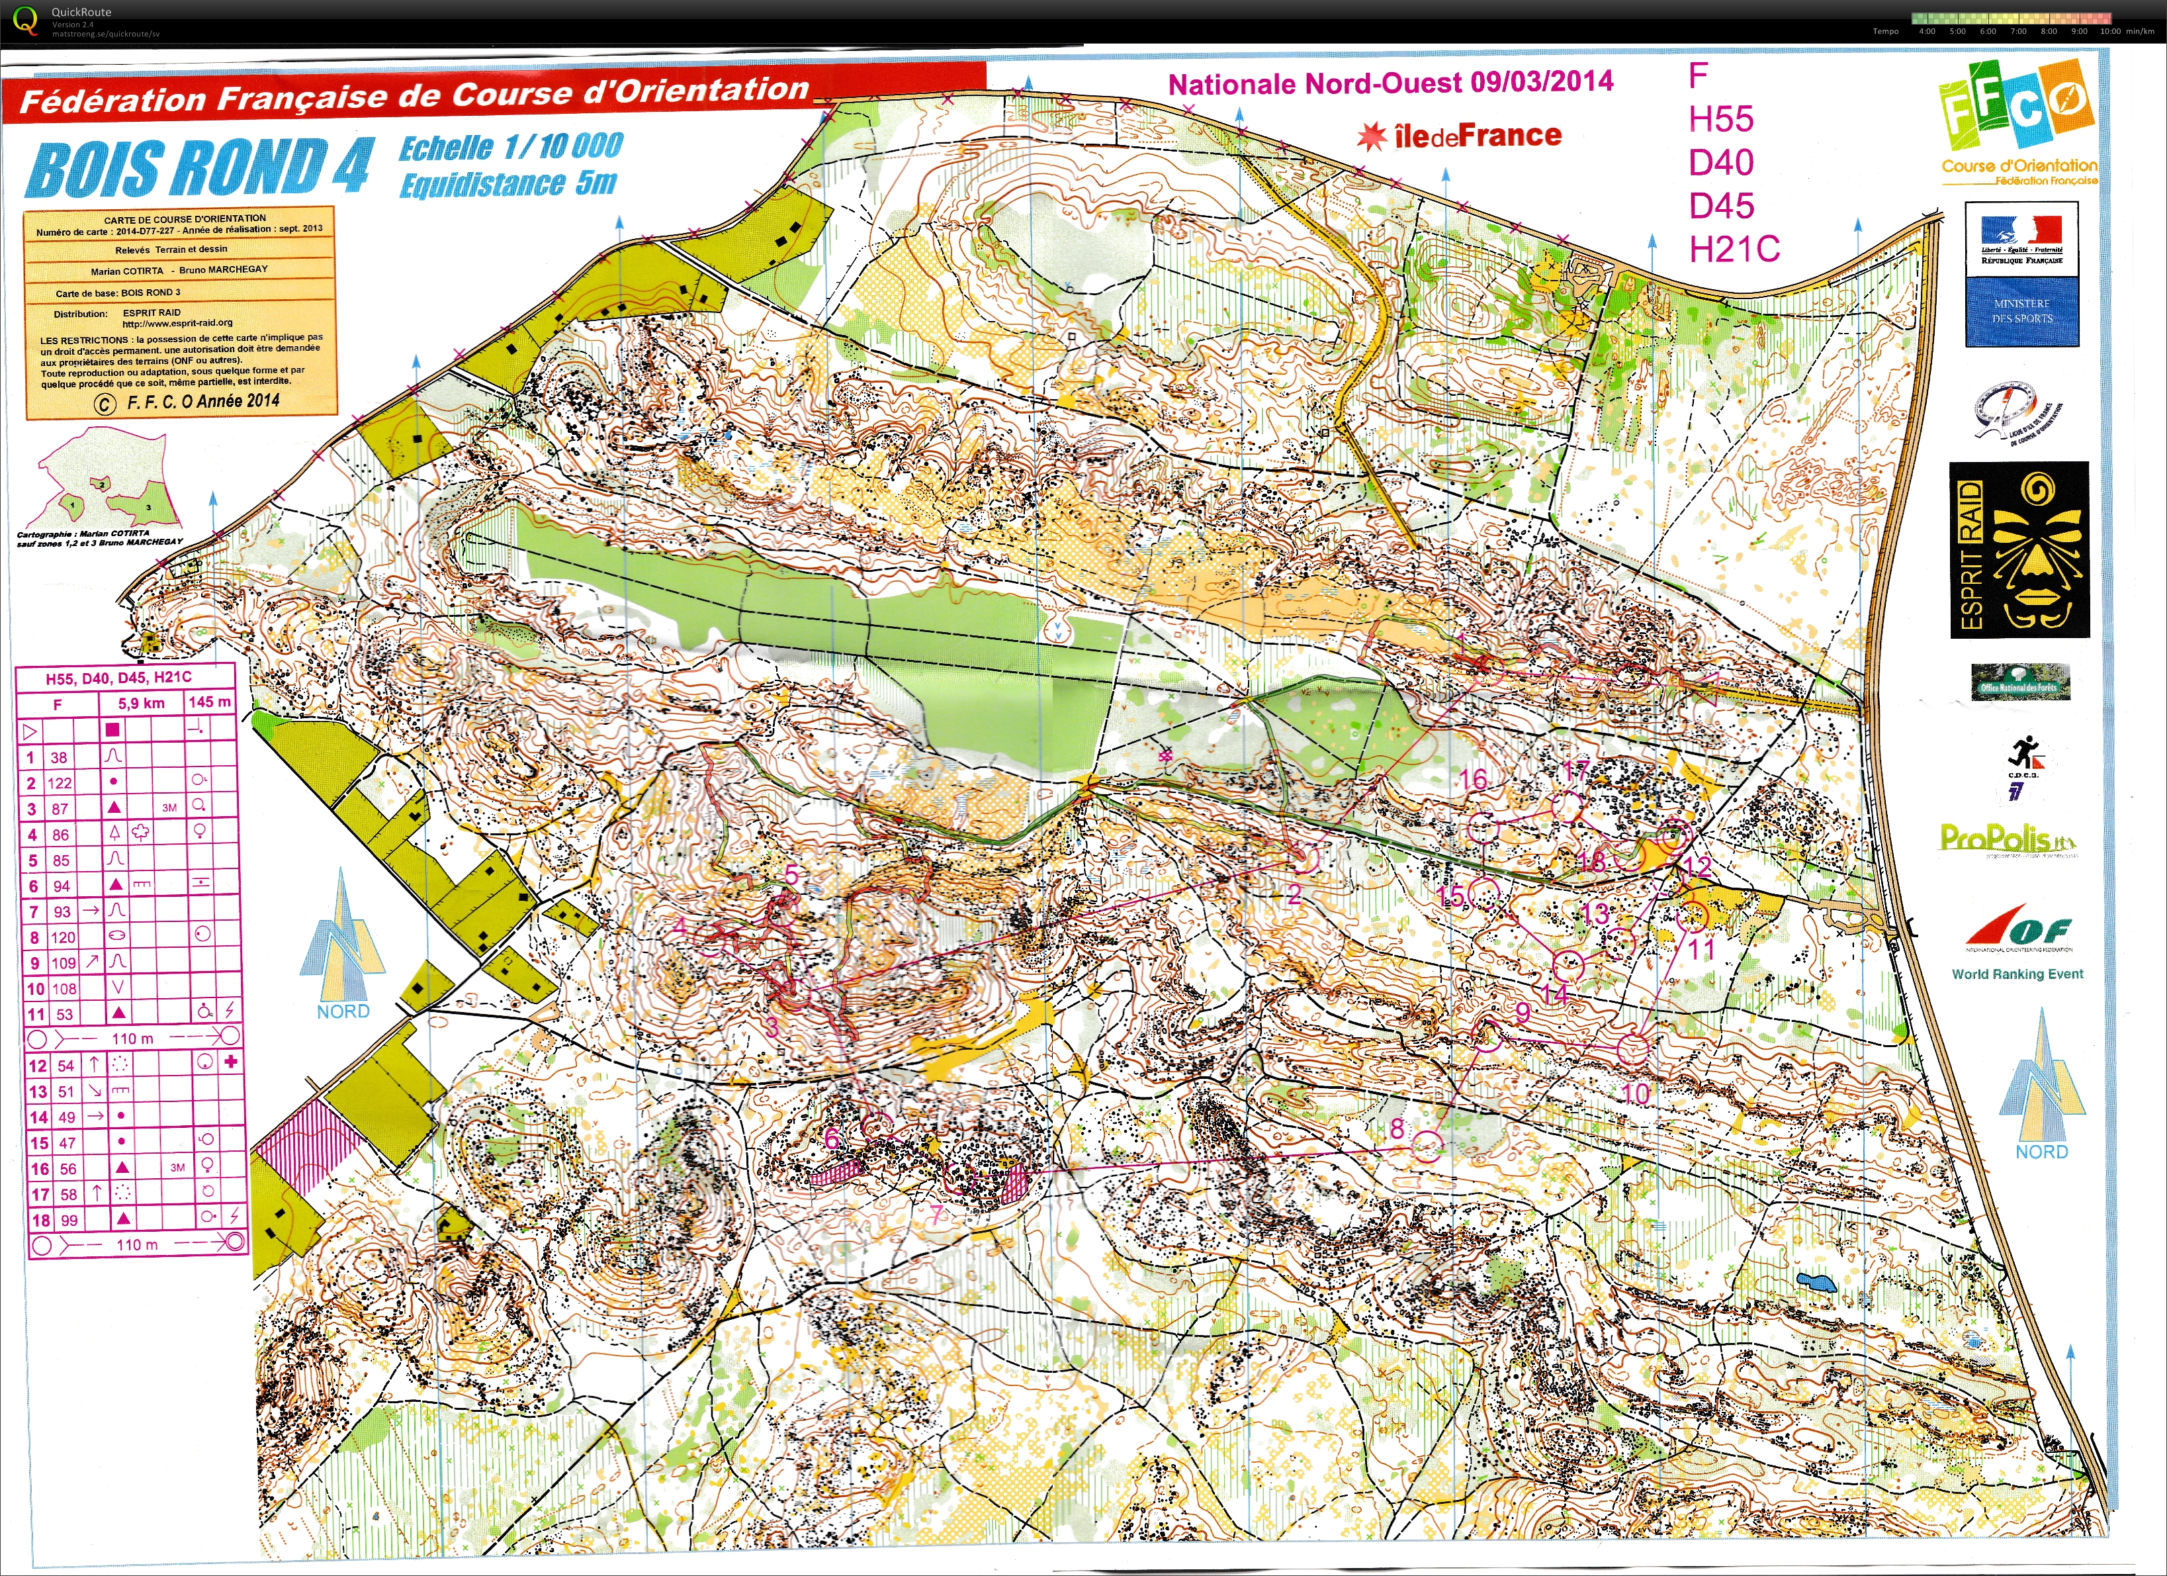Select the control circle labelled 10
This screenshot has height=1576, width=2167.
click(x=1633, y=1048)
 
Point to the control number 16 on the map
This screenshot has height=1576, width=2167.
click(x=1472, y=779)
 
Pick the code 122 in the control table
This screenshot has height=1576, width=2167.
click(x=60, y=783)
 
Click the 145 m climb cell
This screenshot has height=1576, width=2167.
click(x=209, y=702)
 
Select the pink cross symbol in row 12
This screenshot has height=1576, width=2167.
click(x=230, y=1062)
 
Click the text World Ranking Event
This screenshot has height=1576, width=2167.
click(x=2017, y=974)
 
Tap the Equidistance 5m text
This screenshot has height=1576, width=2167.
click(x=508, y=183)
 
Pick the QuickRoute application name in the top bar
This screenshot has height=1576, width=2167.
click(x=81, y=11)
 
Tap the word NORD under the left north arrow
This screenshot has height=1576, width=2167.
click(x=343, y=1011)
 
